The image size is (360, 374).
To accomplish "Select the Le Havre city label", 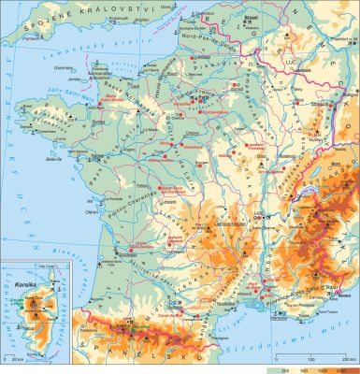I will (142, 74).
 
